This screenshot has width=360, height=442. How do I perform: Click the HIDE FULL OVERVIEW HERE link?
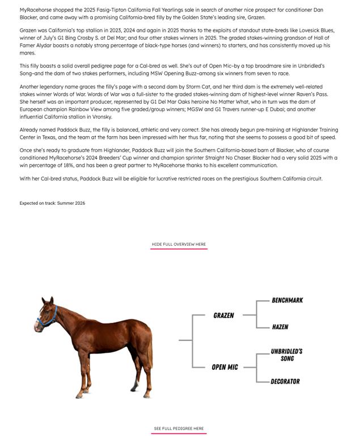(179, 245)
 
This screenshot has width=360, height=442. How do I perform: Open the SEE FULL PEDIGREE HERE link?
(179, 428)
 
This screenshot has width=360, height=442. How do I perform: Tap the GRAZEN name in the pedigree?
(223, 315)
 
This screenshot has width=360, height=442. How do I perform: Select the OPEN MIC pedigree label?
(225, 367)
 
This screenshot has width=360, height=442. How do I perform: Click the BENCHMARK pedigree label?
(287, 300)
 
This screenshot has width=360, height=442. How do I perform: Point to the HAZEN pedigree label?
(280, 327)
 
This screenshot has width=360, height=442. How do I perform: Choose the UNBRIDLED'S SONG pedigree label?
(286, 355)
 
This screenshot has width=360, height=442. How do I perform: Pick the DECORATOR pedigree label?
(285, 381)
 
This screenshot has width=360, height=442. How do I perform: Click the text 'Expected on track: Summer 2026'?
(52, 203)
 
